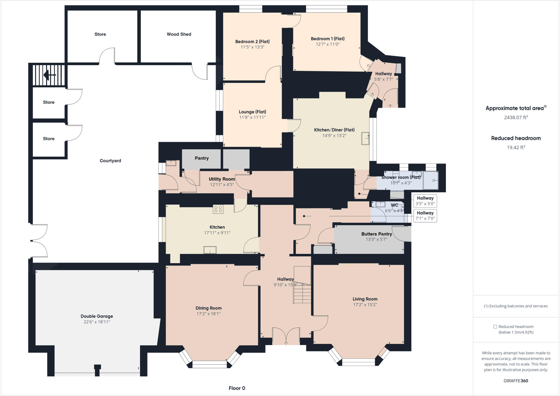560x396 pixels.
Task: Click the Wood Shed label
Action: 179,34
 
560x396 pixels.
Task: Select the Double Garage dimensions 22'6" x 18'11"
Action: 97,322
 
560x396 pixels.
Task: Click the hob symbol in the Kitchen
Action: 218,209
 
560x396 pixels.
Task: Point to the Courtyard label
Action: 110,161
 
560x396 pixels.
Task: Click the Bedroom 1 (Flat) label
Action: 328,39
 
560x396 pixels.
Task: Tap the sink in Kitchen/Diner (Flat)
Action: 365,138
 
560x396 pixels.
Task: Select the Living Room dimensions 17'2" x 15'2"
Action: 365,305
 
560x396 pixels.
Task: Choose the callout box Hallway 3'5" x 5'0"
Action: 425,201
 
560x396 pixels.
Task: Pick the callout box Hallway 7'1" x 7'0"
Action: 425,216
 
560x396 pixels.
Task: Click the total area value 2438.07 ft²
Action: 516,117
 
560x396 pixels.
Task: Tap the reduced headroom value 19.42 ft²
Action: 516,147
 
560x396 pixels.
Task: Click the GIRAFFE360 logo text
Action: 516,381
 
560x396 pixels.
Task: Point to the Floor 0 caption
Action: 237,388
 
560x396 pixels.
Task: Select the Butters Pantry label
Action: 377,234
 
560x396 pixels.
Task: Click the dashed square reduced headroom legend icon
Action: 495,327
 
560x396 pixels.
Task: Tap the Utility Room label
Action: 222,179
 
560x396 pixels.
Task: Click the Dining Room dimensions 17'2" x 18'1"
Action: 208,314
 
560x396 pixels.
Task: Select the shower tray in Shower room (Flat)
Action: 430,180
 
